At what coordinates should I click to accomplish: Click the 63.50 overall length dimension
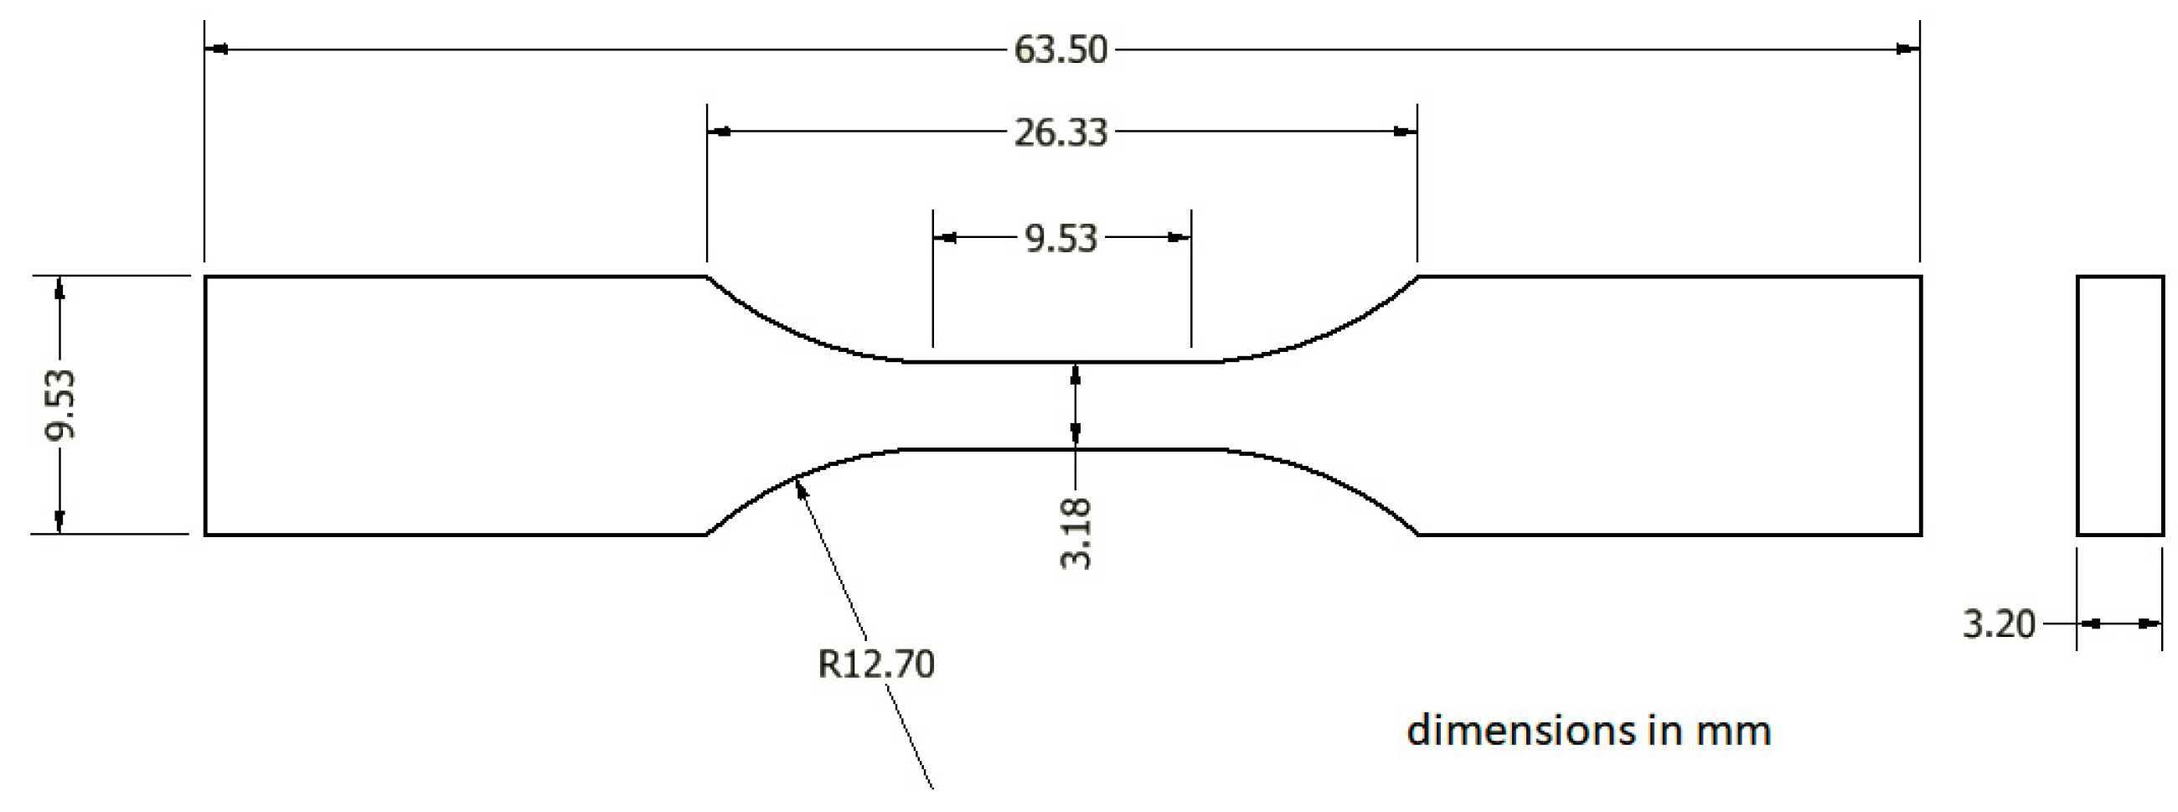[1061, 50]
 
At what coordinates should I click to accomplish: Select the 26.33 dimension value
[1061, 132]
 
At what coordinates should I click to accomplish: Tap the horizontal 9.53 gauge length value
[1061, 239]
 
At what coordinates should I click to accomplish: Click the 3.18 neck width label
[1076, 534]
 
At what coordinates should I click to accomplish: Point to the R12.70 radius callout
[876, 664]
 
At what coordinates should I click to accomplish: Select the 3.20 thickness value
[1998, 624]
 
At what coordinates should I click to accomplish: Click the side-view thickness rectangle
[2119, 405]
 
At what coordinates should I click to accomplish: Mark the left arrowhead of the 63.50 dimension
[216, 50]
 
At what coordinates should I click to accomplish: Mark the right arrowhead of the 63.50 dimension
[1907, 50]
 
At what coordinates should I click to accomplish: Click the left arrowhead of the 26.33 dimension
[720, 132]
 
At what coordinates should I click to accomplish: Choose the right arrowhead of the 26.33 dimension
[1404, 132]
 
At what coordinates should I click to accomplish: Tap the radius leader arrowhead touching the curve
[800, 487]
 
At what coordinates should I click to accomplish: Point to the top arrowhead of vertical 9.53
[59, 287]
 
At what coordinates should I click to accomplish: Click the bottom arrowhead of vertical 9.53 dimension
[59, 522]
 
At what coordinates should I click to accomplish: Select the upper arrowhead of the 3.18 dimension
[1076, 374]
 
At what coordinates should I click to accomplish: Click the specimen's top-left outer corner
[205, 277]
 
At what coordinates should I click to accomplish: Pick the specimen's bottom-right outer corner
[1921, 535]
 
